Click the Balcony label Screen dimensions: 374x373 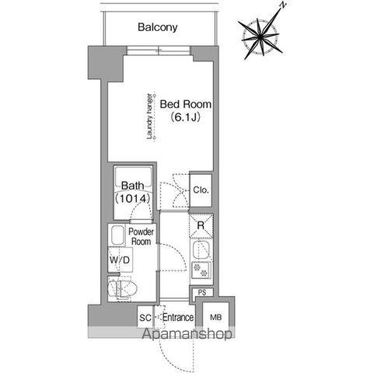coord(158,27)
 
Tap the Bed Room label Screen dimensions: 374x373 coord(186,104)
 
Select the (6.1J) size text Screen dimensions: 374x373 coord(185,117)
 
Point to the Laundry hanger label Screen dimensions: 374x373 coord(149,117)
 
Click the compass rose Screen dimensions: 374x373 coord(260,37)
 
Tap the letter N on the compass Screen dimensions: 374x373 coord(284,5)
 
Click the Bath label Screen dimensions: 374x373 coord(133,186)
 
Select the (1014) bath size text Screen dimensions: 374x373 coord(133,198)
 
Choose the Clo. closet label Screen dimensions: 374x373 coord(201,190)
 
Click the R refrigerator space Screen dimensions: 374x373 coord(201,225)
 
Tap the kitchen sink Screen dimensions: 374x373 coord(201,250)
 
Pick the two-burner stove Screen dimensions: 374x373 coord(201,270)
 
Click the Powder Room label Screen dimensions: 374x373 coord(141,236)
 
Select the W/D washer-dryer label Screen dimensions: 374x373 coord(120,260)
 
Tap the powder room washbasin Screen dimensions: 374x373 coord(117,235)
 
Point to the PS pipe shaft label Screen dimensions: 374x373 coord(202,292)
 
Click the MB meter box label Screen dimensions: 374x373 coord(215,317)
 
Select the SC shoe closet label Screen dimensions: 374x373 coord(145,318)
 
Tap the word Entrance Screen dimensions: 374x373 coord(178,317)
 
